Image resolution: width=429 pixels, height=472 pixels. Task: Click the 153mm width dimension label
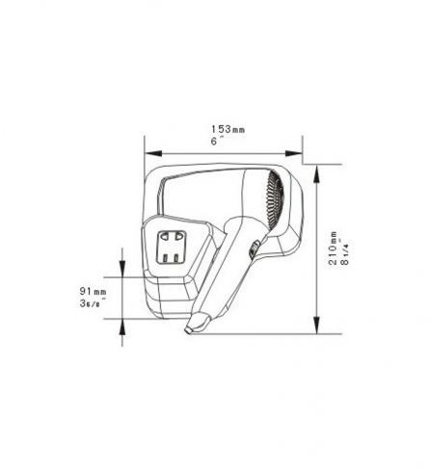pyautogui.click(x=228, y=129)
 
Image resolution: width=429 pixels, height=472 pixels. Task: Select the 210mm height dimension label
pyautogui.click(x=333, y=248)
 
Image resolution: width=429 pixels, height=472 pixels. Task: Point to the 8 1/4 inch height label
pyautogui.click(x=345, y=253)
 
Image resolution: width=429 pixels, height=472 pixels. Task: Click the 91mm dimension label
pyautogui.click(x=93, y=292)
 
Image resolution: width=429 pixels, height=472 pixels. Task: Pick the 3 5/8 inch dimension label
pyautogui.click(x=93, y=303)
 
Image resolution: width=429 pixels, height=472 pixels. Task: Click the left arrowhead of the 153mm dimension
pyautogui.click(x=153, y=153)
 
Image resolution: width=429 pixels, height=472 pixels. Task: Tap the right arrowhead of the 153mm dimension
pyautogui.click(x=294, y=153)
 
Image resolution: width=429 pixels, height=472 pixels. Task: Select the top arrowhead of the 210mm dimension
pyautogui.click(x=316, y=174)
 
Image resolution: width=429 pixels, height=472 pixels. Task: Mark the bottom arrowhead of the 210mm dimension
pyautogui.click(x=316, y=325)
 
